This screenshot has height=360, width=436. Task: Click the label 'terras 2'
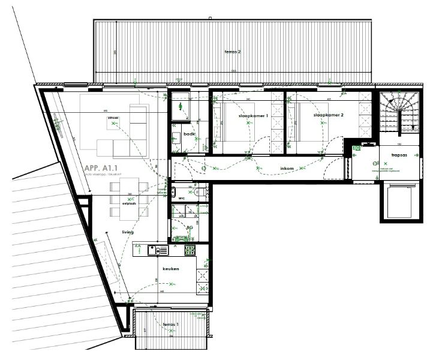(232, 52)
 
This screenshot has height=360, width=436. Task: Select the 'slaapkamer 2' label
(327, 115)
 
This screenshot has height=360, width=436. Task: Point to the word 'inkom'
(287, 169)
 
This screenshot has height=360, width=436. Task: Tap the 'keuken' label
(171, 269)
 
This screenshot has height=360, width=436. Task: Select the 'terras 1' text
(171, 325)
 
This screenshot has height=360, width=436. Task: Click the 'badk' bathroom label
(190, 134)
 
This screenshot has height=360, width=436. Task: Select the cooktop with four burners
(190, 250)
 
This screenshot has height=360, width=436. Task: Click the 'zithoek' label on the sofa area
(113, 118)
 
